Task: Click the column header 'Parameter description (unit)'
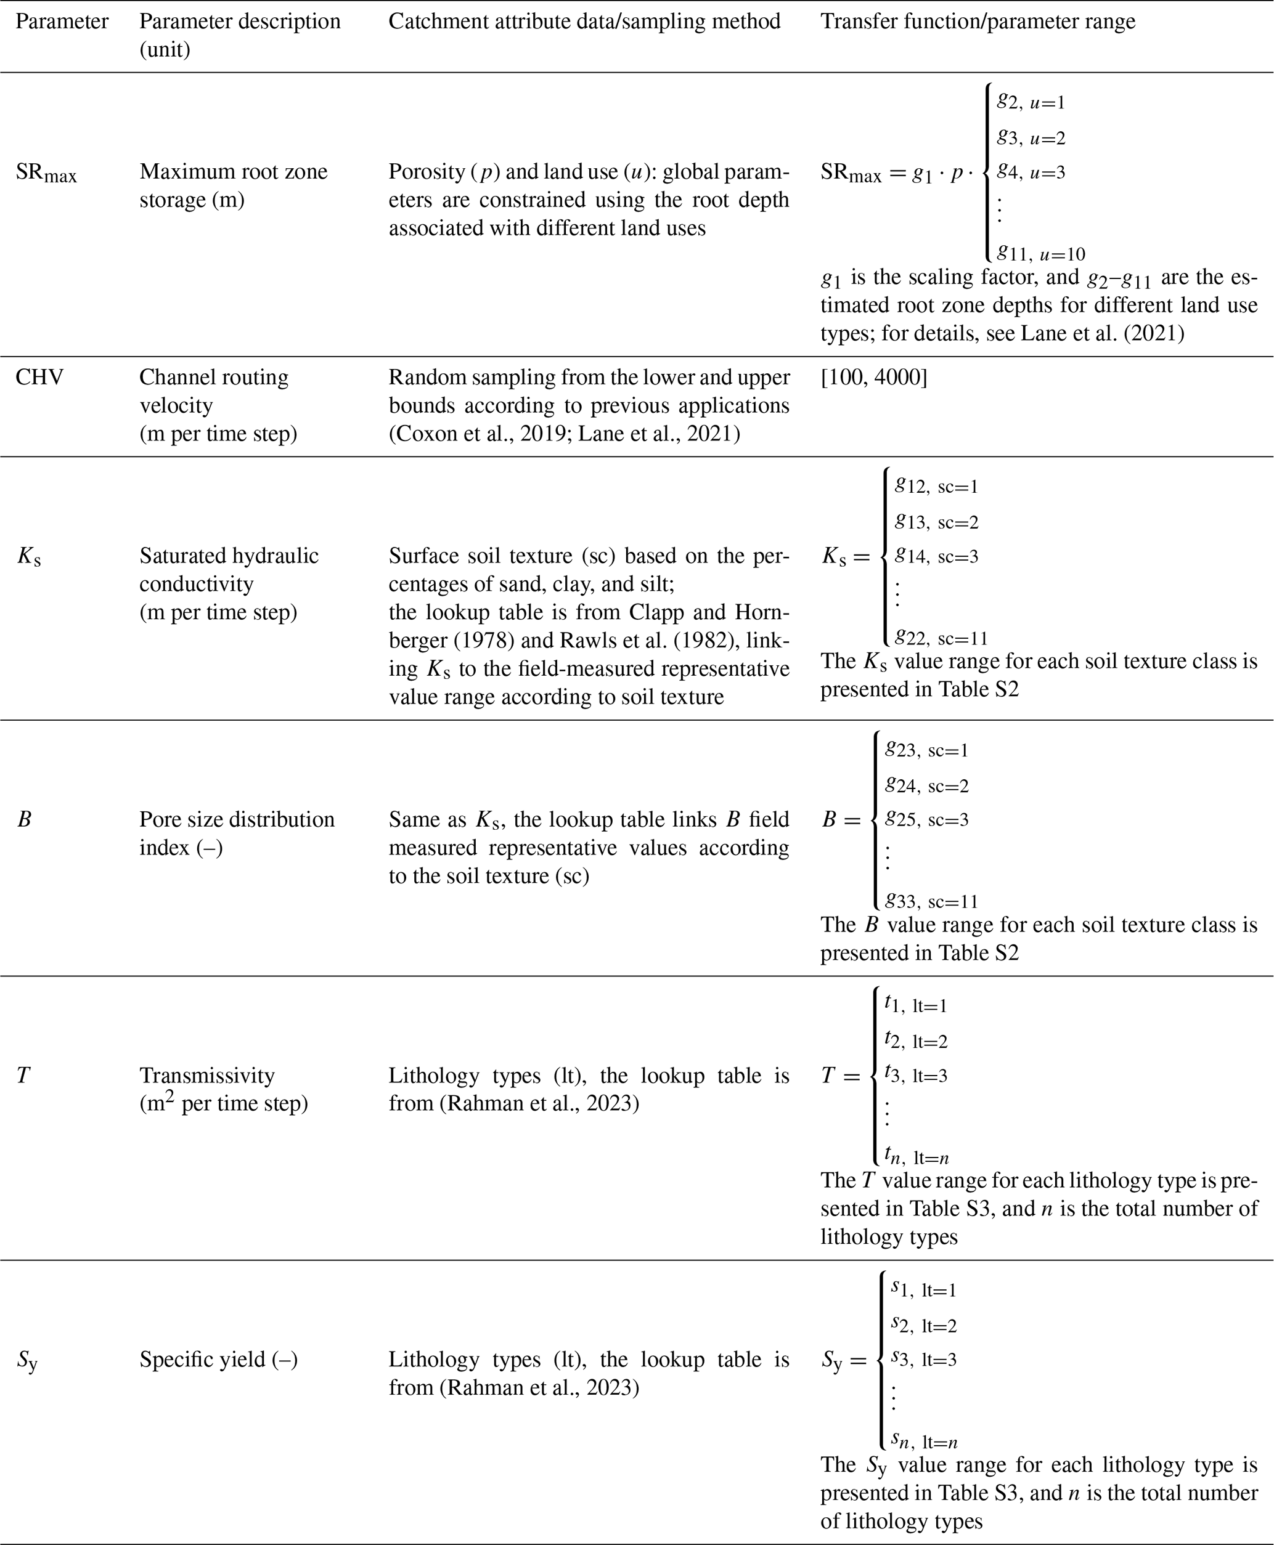pos(239,35)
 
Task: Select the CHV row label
pos(39,377)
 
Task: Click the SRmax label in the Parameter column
pos(46,174)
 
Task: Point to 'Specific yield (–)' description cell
pos(218,1360)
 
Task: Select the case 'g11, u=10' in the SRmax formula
pos(1040,254)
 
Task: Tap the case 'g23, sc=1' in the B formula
pos(926,750)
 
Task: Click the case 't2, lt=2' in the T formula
pos(916,1040)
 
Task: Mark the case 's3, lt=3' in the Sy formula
pos(923,1360)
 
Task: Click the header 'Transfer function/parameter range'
pos(978,22)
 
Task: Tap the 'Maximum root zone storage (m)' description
pos(234,185)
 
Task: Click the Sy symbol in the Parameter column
pos(28,1361)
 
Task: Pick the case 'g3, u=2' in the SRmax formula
pos(1031,137)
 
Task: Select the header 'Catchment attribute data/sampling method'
pos(584,22)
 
